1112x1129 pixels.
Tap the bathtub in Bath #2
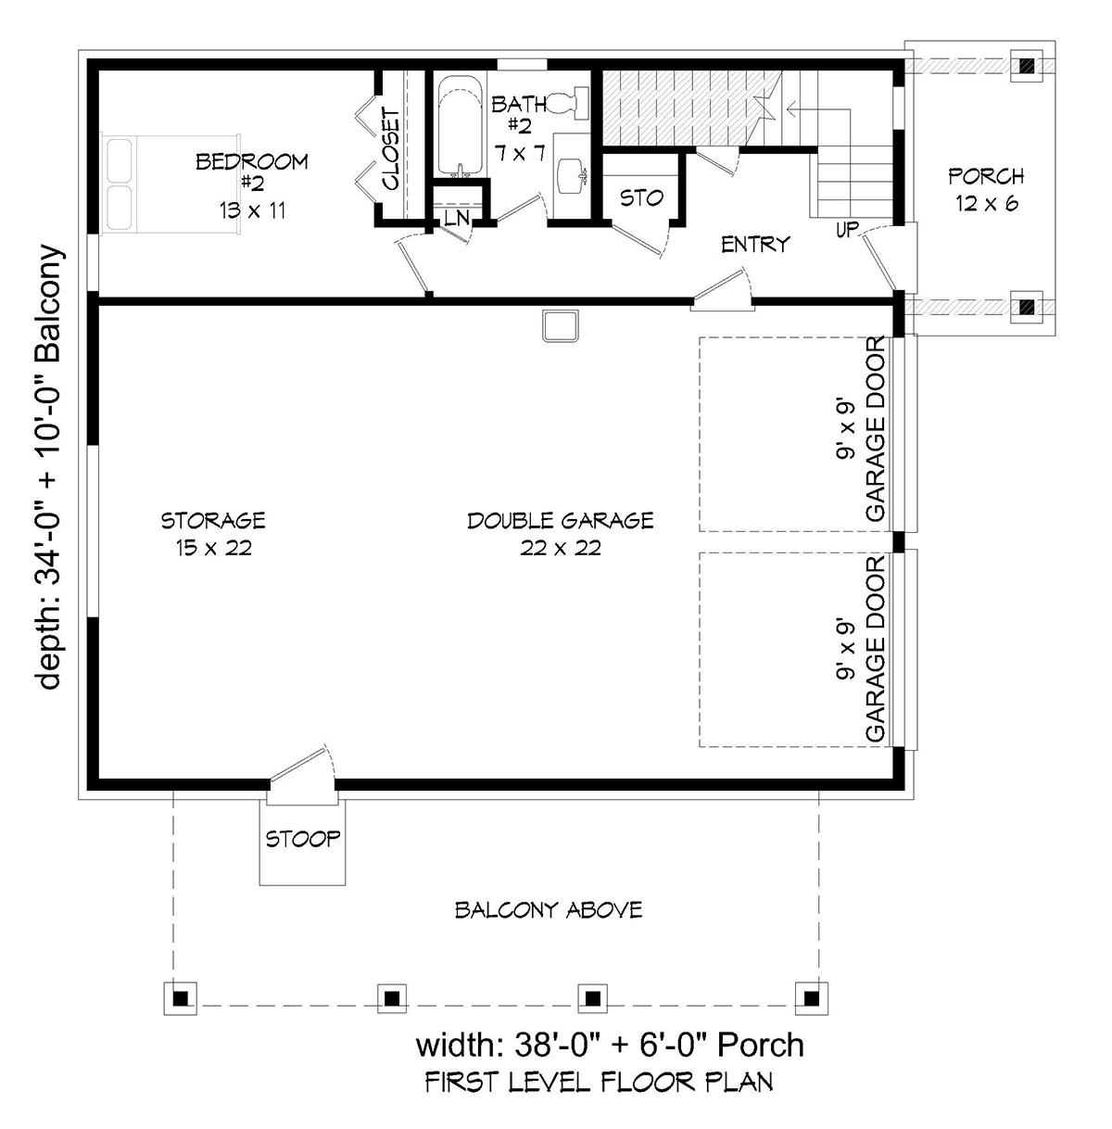[x=460, y=126]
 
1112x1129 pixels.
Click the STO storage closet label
[x=641, y=198]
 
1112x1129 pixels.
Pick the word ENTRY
[x=755, y=245]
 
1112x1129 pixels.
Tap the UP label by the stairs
[x=847, y=230]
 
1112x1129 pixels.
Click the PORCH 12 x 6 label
[x=986, y=189]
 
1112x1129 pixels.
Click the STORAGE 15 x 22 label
[x=213, y=534]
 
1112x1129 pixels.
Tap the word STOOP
[x=302, y=839]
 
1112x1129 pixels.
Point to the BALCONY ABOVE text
[x=549, y=910]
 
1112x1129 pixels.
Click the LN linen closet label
[x=457, y=218]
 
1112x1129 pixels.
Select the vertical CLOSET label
[x=390, y=148]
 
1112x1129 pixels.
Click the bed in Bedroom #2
[x=171, y=184]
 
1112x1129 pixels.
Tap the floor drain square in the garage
[x=561, y=325]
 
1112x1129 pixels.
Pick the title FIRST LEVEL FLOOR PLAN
[x=599, y=1082]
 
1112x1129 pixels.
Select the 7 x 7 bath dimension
[x=520, y=154]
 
